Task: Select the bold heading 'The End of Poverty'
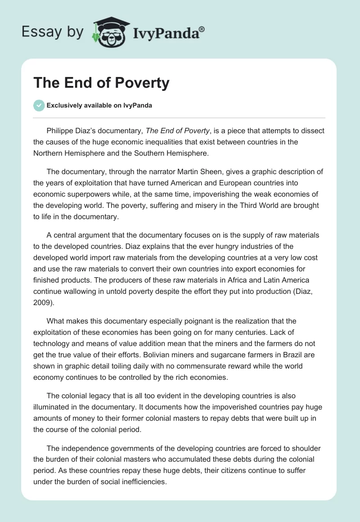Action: point(101,83)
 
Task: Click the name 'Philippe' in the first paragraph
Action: point(61,131)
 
